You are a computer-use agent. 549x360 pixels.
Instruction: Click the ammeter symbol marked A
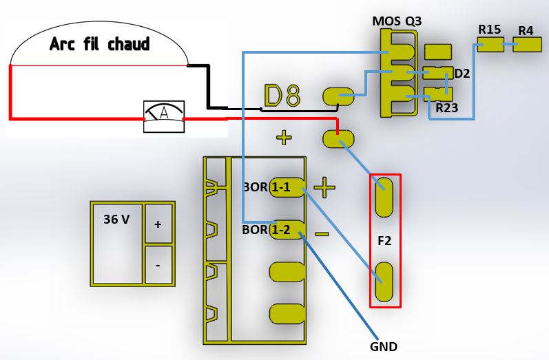click(x=164, y=116)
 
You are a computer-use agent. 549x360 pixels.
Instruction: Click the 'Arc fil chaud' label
click(x=100, y=44)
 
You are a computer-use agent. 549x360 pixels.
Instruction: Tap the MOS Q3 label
click(x=397, y=21)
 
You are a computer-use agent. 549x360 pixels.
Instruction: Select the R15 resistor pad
click(x=491, y=45)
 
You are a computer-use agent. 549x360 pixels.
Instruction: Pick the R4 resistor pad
click(x=527, y=45)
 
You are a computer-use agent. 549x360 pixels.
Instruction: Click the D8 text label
click(x=282, y=95)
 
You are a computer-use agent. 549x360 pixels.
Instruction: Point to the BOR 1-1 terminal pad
click(x=287, y=187)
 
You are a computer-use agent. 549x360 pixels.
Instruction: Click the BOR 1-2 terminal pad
click(x=287, y=230)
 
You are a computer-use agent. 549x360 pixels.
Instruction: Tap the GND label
click(x=384, y=347)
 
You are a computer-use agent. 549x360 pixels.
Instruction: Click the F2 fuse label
click(x=384, y=241)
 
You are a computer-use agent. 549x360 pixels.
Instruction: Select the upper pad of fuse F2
click(x=384, y=198)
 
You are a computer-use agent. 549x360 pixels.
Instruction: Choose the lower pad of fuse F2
click(x=384, y=282)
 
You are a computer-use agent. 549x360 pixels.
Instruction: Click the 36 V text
click(x=116, y=220)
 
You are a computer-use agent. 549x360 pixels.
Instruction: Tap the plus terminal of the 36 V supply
click(x=158, y=224)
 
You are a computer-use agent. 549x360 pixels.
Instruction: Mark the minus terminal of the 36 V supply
click(x=158, y=265)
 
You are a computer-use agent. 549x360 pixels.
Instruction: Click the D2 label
click(x=462, y=74)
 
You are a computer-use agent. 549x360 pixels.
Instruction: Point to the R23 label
click(x=447, y=108)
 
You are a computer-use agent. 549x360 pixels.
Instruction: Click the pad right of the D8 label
click(x=338, y=96)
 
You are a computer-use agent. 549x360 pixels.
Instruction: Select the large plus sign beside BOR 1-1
click(x=324, y=187)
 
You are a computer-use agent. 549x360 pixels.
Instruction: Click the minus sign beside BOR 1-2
click(x=322, y=234)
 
